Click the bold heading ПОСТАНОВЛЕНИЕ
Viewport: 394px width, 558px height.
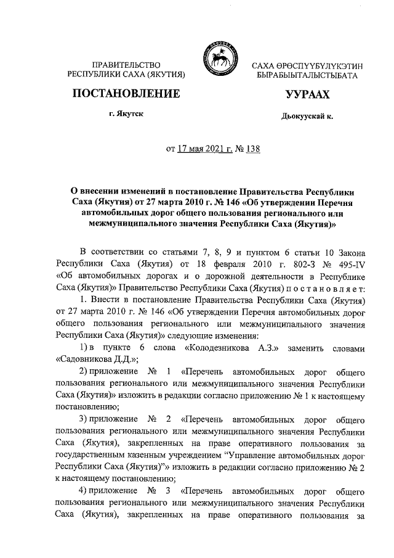click(x=126, y=94)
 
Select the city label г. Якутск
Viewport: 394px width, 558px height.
click(x=126, y=115)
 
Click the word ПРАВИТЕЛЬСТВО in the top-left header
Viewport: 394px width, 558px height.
click(x=126, y=65)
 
